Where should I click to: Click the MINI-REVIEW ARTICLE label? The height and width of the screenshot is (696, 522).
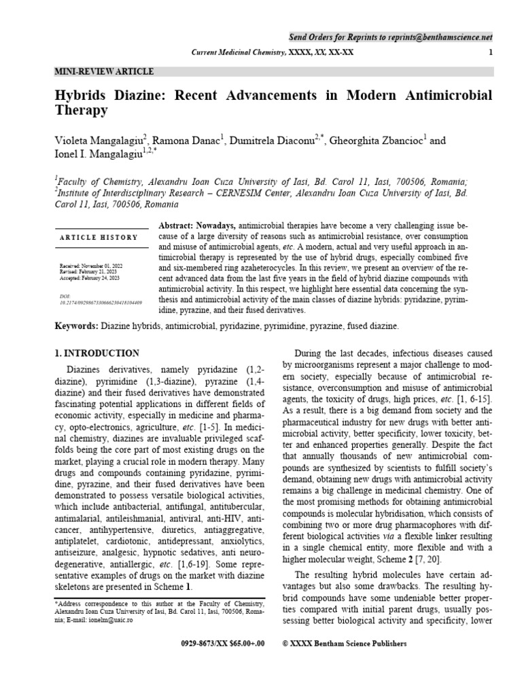point(103,71)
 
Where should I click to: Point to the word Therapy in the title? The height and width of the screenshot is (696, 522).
point(81,110)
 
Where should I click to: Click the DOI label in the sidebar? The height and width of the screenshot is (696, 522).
point(65,296)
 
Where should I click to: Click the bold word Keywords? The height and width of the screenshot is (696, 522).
point(76,327)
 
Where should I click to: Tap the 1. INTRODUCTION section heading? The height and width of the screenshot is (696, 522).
point(96,353)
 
